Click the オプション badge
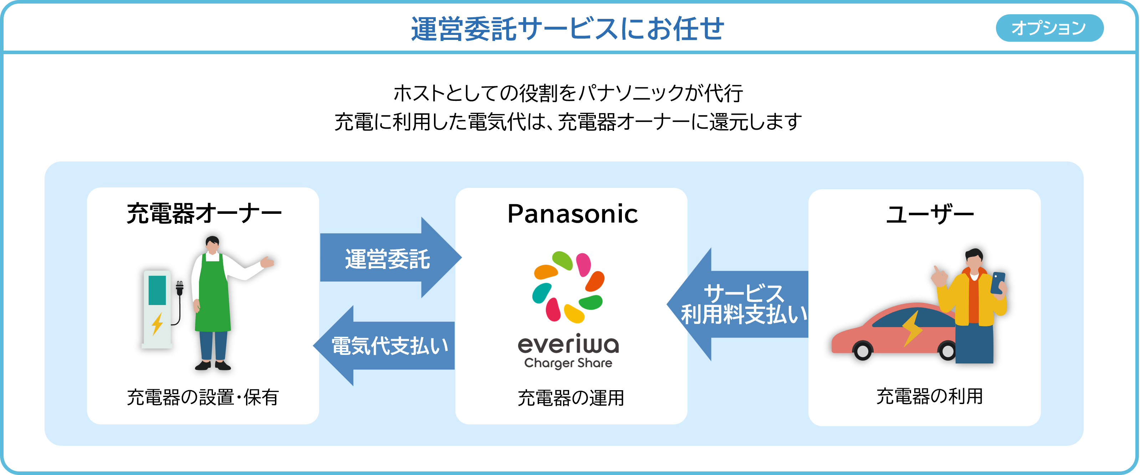[x=1049, y=28]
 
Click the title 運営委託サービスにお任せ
[x=567, y=29]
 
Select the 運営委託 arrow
[x=388, y=259]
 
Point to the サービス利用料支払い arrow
[x=743, y=304]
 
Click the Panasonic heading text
[x=572, y=214]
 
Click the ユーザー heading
[x=929, y=215]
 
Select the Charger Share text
[x=568, y=363]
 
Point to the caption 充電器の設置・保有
[x=203, y=397]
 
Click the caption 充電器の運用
[x=571, y=398]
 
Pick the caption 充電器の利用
[x=929, y=396]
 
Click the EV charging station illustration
[x=157, y=310]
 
